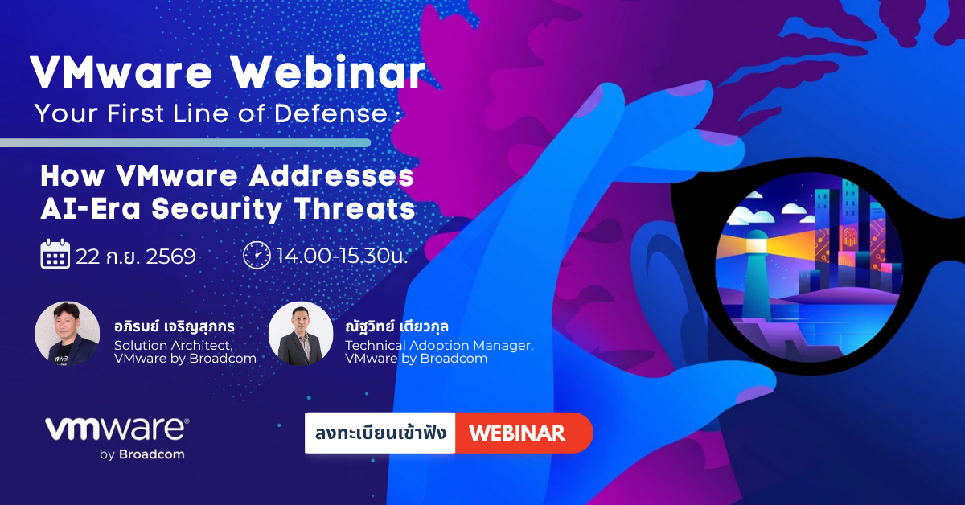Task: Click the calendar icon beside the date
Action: pos(55,254)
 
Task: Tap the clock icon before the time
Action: pos(257,255)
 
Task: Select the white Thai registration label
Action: pos(380,433)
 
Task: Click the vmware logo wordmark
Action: pos(117,429)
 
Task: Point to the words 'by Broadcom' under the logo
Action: pos(142,454)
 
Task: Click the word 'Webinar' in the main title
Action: pos(328,72)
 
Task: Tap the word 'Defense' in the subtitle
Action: pos(331,113)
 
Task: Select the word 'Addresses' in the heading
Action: pos(331,176)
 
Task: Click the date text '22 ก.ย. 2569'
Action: pos(136,257)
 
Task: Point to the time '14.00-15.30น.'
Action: pos(342,256)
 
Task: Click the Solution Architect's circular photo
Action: pos(68,334)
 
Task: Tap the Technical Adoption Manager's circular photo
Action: pos(301,334)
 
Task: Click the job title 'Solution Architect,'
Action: pos(174,346)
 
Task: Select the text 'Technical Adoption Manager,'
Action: pos(439,346)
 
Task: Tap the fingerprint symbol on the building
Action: pos(850,236)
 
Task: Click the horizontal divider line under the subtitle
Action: pos(185,142)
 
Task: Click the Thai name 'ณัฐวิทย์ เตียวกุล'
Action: pos(396,326)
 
